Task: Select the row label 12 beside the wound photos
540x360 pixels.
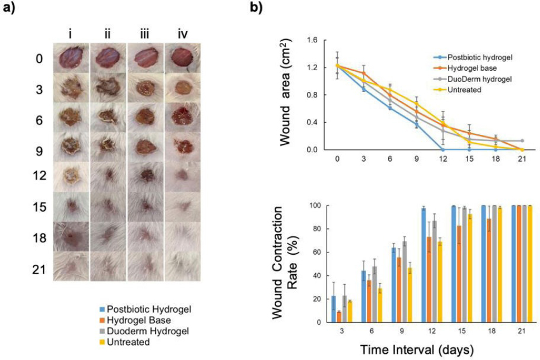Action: pyautogui.click(x=38, y=174)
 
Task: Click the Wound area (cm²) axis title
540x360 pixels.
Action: pyautogui.click(x=289, y=95)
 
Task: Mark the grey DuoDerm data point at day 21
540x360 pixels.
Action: pyautogui.click(x=521, y=140)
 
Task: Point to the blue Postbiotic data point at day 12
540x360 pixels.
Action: pyautogui.click(x=442, y=149)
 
